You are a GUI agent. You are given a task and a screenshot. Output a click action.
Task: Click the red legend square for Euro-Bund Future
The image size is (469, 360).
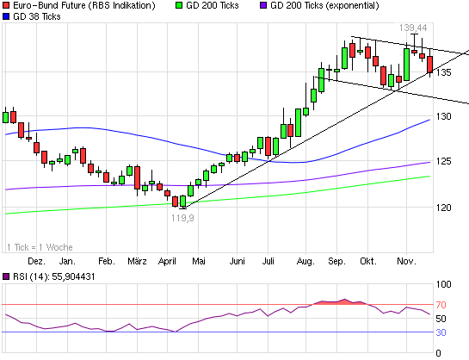[x=7, y=6]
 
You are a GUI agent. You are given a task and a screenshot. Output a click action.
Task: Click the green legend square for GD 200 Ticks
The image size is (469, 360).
[x=178, y=6]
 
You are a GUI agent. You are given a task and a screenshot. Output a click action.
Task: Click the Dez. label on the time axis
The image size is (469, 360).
[x=36, y=259]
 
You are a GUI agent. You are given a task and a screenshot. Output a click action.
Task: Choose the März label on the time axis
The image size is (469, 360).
[x=137, y=259]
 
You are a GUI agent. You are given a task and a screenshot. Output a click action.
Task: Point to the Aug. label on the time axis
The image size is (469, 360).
[x=305, y=259]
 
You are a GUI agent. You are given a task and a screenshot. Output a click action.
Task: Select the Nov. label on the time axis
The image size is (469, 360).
[x=407, y=259]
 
